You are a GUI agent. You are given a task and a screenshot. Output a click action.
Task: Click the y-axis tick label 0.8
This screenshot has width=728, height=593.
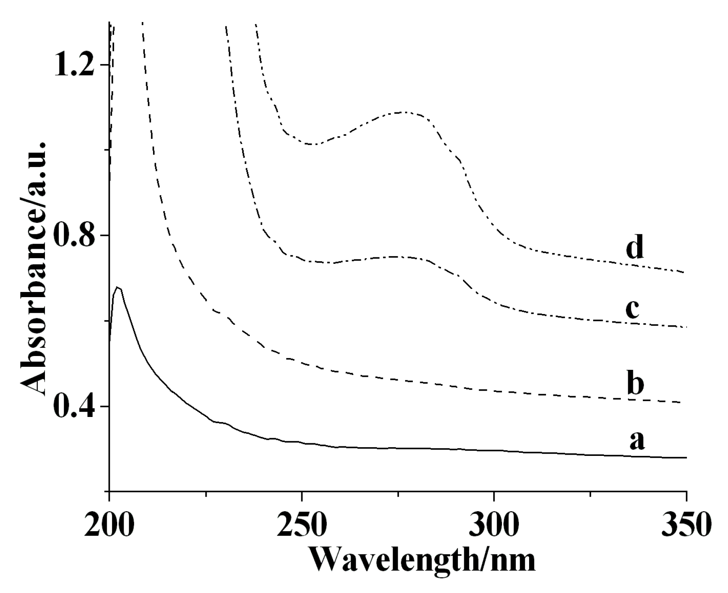(x=73, y=236)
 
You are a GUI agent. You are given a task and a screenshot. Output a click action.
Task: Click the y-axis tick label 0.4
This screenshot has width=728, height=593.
(x=73, y=407)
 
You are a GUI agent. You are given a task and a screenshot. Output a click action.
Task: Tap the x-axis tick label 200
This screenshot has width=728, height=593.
(x=109, y=524)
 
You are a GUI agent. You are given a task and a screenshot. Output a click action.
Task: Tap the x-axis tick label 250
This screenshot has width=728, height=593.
(x=301, y=524)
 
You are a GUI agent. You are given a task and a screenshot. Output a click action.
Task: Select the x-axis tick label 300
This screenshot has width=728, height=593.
(x=493, y=524)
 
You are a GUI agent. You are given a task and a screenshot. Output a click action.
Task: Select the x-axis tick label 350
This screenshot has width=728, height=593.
(x=685, y=524)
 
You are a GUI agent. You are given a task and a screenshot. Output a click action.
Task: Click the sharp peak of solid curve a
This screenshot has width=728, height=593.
(x=117, y=287)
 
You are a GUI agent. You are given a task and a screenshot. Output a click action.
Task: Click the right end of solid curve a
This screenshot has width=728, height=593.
(x=686, y=457)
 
